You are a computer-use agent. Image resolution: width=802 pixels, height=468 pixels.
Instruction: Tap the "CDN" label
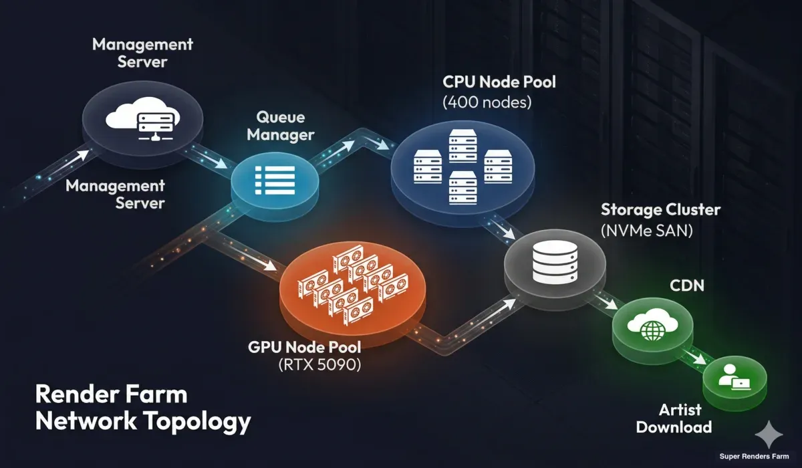click(688, 287)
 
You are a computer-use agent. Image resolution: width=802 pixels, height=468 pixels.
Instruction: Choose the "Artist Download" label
click(674, 419)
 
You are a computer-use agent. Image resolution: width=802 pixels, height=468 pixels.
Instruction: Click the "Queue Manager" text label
click(281, 126)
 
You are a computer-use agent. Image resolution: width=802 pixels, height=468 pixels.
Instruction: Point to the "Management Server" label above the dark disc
click(142, 53)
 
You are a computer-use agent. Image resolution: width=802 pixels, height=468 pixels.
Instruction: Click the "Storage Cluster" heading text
click(660, 209)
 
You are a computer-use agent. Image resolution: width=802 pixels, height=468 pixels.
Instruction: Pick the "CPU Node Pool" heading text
click(499, 83)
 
